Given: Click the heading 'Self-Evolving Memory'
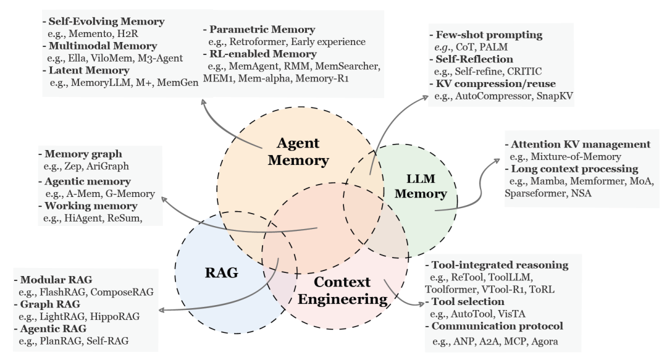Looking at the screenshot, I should pos(104,22).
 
